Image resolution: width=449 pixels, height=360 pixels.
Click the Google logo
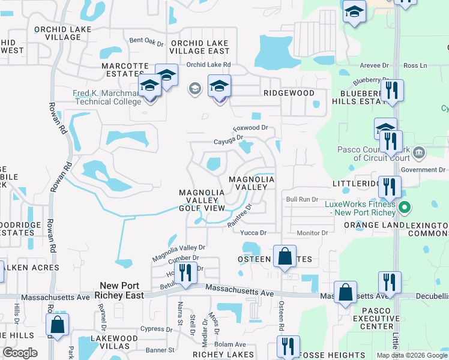pyautogui.click(x=20, y=353)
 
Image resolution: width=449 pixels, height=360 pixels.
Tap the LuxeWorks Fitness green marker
pyautogui.click(x=405, y=208)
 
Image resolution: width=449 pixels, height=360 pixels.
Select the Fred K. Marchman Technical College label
pyautogui.click(x=100, y=97)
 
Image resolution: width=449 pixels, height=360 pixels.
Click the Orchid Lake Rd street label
pyautogui.click(x=208, y=65)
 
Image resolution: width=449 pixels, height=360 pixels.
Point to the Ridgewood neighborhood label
pyautogui.click(x=289, y=94)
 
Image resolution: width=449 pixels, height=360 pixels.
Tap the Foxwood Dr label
pyautogui.click(x=250, y=128)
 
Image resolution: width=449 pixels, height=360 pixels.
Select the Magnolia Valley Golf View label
pyautogui.click(x=202, y=200)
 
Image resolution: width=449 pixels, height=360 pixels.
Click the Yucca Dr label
pyautogui.click(x=253, y=233)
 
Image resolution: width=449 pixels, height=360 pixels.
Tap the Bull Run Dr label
pyautogui.click(x=301, y=199)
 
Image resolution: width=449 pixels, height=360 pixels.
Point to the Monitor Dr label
pyautogui.click(x=312, y=233)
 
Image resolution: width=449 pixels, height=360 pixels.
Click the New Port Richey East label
pyautogui.click(x=122, y=290)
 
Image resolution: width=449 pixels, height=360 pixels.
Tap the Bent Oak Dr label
pyautogui.click(x=146, y=42)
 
